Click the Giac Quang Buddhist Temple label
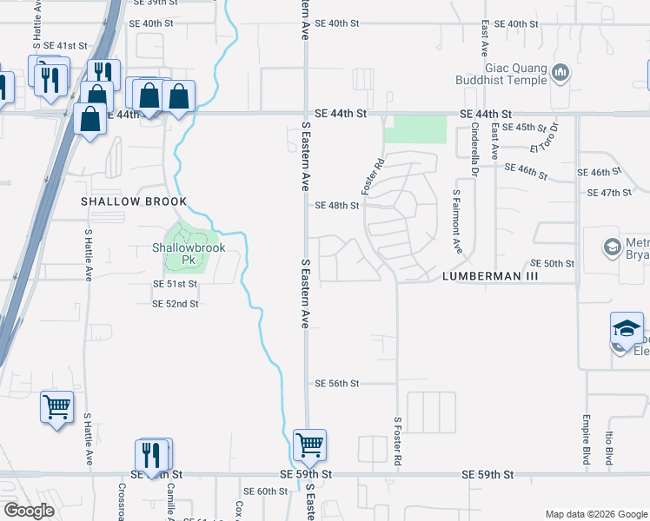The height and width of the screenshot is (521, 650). tap(502, 75)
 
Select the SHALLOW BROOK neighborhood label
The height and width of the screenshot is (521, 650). tap(134, 201)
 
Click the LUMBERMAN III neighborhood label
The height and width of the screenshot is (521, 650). tap(491, 275)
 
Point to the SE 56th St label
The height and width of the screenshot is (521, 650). tap(337, 383)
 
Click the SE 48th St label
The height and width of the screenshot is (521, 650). tap(337, 206)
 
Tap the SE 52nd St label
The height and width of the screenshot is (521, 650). tap(176, 304)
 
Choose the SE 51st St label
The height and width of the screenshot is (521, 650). tap(176, 284)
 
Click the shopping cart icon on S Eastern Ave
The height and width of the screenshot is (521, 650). tap(309, 445)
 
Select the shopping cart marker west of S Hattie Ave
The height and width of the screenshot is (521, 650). tap(56, 406)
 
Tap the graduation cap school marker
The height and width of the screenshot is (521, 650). tap(627, 329)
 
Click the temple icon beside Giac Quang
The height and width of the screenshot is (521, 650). tap(560, 71)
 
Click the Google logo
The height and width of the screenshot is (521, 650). tap(29, 511)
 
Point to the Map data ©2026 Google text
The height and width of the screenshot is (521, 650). tap(595, 514)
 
